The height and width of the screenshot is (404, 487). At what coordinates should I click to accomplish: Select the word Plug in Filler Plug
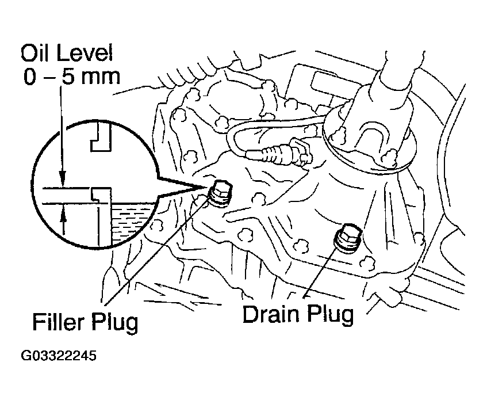pos(116,322)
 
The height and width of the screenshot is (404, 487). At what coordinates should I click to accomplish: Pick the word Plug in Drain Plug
pos(329,316)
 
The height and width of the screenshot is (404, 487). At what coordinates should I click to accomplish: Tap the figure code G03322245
pos(59,356)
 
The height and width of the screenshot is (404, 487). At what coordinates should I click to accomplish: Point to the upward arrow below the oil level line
pos(63,216)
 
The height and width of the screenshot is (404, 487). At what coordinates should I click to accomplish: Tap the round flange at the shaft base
pos(368,150)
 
